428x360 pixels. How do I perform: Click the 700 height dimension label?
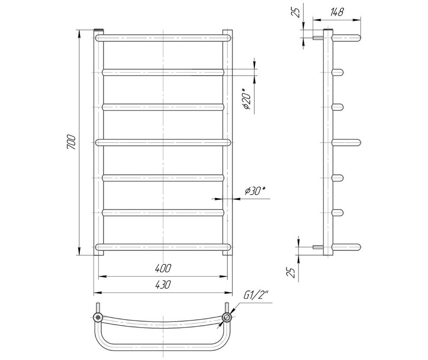pos(71,142)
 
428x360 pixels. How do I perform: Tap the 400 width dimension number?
pos(163,269)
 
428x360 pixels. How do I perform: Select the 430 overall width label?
pos(163,285)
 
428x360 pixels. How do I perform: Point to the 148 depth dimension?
pos(336,12)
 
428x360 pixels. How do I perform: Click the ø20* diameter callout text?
pos(247,99)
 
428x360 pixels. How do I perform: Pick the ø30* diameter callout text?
pos(255,191)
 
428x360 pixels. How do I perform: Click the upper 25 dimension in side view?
pos(297,12)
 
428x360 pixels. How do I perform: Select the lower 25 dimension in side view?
pos(292,272)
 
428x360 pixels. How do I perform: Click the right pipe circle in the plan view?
pos(227,317)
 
